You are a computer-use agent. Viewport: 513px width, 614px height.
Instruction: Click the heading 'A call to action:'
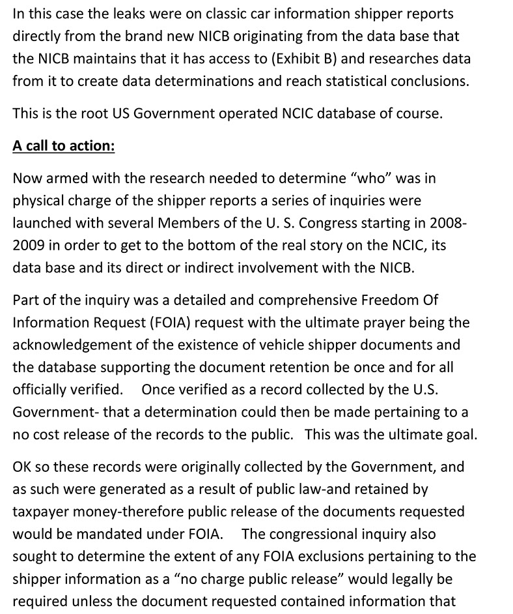[x=64, y=145]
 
